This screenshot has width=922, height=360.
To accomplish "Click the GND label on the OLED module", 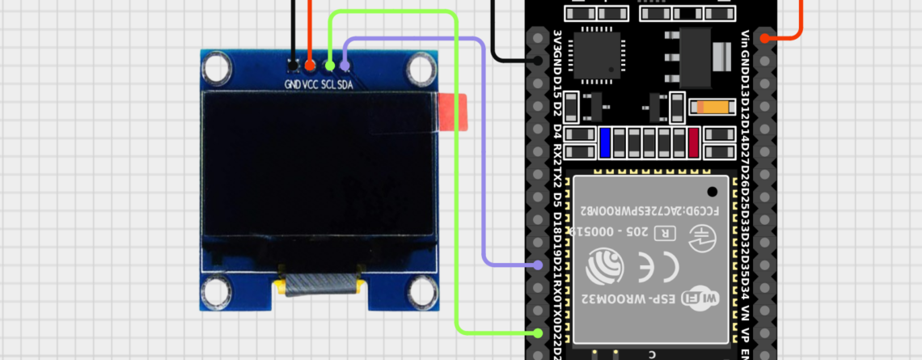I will pos(292,84).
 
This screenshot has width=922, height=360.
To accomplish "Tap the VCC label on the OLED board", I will pos(311,84).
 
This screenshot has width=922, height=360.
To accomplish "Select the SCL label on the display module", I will pos(328,84).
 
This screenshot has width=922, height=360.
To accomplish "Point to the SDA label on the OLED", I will pos(345,84).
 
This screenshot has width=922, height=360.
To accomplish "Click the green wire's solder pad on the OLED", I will pos(329,63).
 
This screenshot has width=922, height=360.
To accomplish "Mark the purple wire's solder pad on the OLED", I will pos(345,63).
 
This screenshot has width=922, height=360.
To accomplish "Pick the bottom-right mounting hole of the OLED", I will pos(421,291).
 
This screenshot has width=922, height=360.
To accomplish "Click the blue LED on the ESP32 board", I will pos(605,143).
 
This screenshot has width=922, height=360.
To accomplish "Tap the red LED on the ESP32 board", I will pos(693,143).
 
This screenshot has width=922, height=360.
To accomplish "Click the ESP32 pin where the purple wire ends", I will pos(538,265).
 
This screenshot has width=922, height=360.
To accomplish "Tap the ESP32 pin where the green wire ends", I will pos(538,332).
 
